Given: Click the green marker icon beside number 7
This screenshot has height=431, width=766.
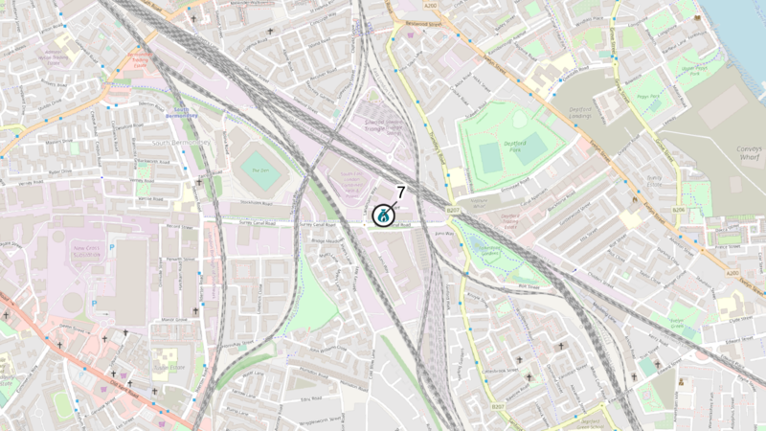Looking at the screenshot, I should (x=383, y=215).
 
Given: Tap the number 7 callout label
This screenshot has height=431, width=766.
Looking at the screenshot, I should (x=400, y=193).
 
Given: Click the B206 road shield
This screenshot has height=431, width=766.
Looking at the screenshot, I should (x=678, y=209).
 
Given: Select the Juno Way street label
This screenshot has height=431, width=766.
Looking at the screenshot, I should (x=443, y=233).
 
